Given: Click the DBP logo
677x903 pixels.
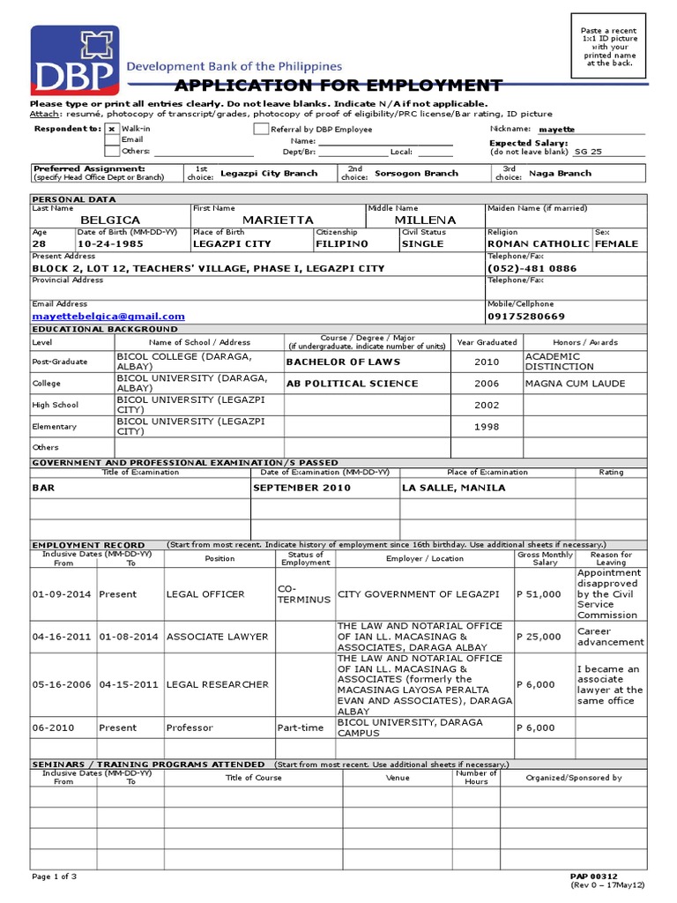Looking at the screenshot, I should click(74, 60).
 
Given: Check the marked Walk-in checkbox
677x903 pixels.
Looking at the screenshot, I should click(111, 129).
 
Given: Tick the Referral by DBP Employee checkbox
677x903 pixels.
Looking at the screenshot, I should click(261, 129).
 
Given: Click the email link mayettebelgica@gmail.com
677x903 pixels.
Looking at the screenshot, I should click(108, 316).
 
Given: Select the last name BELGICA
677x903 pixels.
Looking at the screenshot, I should click(111, 220).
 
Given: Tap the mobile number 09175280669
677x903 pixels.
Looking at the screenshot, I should click(526, 316).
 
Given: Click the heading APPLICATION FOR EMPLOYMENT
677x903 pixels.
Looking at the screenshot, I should click(338, 86).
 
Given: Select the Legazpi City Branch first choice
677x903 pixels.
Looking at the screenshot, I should click(268, 174).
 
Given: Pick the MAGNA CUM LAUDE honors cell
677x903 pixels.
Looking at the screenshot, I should click(574, 384).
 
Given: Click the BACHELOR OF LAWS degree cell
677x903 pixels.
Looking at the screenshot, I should click(343, 362).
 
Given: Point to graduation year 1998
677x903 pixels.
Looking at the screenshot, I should click(487, 427).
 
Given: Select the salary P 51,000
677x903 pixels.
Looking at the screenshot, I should click(538, 594).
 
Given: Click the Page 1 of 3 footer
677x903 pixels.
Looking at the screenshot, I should click(55, 876).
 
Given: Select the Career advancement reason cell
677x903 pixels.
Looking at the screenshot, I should click(610, 637).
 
